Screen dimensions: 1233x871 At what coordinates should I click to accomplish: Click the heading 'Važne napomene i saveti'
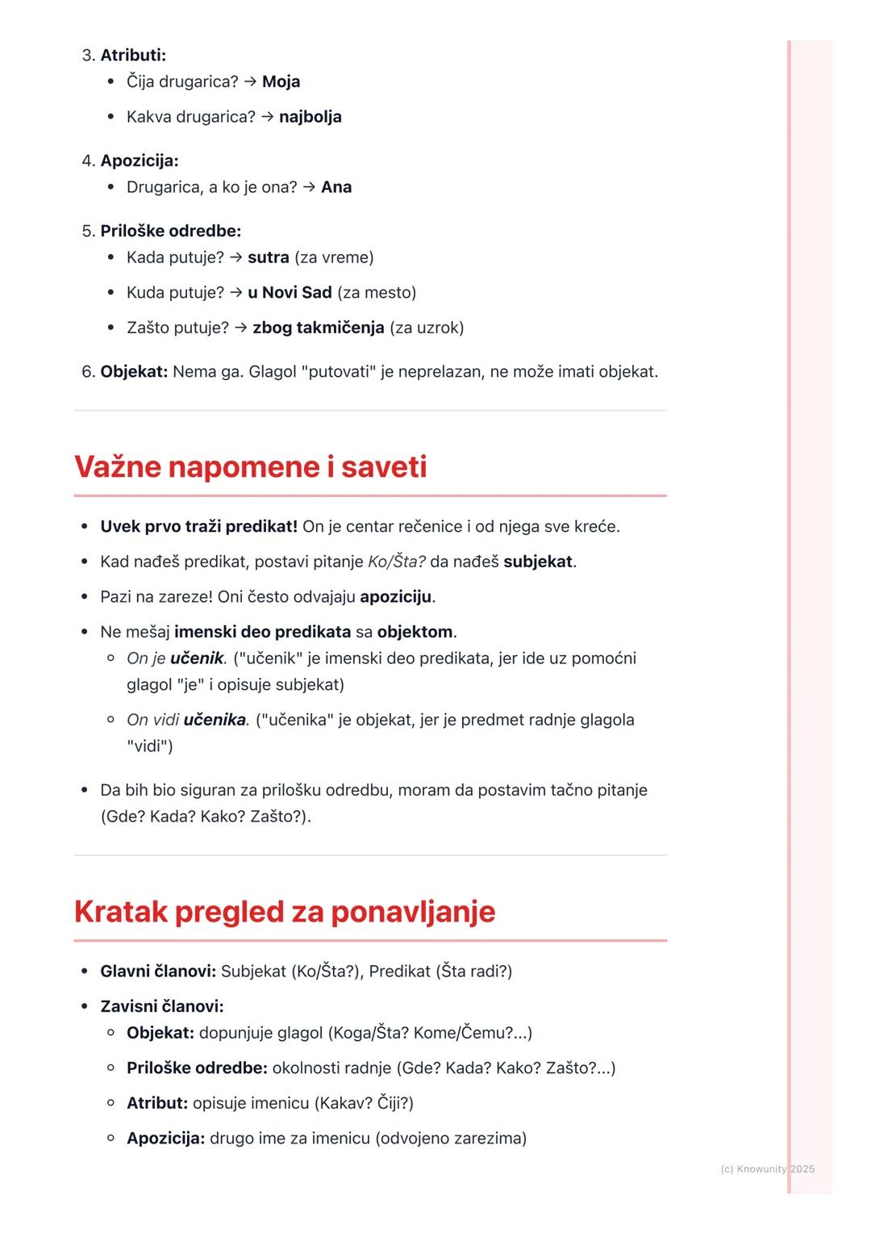(250, 467)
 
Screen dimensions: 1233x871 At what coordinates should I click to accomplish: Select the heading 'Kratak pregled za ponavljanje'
(285, 912)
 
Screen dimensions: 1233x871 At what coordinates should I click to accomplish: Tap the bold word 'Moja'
(281, 82)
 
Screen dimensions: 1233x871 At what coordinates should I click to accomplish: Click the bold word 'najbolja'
(310, 117)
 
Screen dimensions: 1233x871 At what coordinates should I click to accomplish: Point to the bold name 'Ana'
(336, 187)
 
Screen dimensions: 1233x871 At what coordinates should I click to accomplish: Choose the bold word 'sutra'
(268, 257)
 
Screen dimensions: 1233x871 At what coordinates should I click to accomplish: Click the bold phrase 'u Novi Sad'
(290, 292)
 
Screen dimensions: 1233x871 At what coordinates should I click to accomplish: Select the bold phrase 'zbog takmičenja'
(318, 328)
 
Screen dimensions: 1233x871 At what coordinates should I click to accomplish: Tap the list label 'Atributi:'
(133, 56)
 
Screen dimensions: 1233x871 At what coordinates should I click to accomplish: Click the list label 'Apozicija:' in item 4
(139, 161)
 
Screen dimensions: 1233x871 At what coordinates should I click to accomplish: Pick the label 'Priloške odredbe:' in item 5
(170, 231)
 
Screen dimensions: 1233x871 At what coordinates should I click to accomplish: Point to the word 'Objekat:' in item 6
(134, 372)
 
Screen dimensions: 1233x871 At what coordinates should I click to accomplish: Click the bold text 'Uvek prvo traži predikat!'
(198, 527)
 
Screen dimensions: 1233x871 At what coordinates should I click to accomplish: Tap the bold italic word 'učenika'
(215, 720)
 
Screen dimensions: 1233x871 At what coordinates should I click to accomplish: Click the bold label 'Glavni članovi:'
(158, 972)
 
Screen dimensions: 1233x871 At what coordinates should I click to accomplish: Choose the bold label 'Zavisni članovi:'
(161, 1006)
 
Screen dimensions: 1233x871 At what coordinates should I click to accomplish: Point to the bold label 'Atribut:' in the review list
(157, 1103)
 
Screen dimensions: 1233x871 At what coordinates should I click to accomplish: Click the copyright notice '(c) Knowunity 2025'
(767, 1168)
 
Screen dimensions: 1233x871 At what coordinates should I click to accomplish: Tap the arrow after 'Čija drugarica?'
(250, 82)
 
